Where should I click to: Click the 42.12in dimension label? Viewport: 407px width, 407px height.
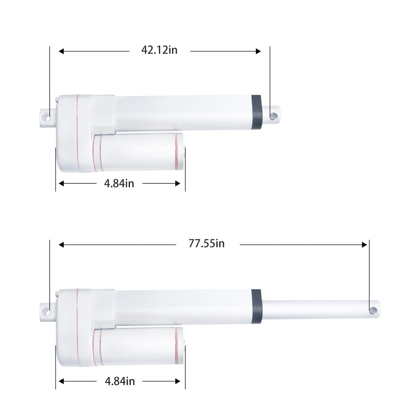(x=159, y=50)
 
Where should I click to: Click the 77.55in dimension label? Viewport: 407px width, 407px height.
(x=206, y=244)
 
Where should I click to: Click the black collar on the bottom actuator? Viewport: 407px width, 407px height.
(x=256, y=306)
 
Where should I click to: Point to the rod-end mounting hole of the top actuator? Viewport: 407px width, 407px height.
(x=273, y=116)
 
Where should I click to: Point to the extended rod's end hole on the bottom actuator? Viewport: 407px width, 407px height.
(x=373, y=310)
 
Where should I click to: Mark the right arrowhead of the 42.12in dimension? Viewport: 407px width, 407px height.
(x=258, y=51)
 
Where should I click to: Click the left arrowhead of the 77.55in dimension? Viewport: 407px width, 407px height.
(x=61, y=245)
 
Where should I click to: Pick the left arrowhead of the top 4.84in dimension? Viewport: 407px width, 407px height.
(x=61, y=183)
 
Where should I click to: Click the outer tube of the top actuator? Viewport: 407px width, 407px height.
(x=183, y=113)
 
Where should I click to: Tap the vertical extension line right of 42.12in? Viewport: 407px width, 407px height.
(x=270, y=76)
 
